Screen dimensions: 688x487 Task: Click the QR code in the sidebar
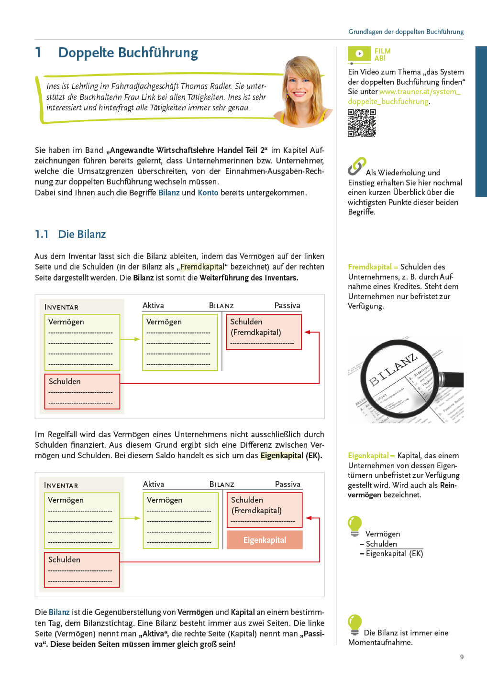pyautogui.click(x=362, y=123)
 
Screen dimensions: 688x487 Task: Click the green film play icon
pyautogui.click(x=359, y=54)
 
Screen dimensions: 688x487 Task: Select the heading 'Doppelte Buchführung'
pyautogui.click(x=128, y=53)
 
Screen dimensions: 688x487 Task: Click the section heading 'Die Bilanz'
pyautogui.click(x=82, y=234)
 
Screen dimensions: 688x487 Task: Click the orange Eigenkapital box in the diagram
pyautogui.click(x=265, y=540)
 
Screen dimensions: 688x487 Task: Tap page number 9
pyautogui.click(x=462, y=657)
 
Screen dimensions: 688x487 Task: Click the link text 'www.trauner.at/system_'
pyautogui.click(x=420, y=91)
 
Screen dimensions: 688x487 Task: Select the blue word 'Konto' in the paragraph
pyautogui.click(x=208, y=193)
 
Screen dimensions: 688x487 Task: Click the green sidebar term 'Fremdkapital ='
pyautogui.click(x=373, y=267)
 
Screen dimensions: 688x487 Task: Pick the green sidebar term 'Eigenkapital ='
pyautogui.click(x=371, y=455)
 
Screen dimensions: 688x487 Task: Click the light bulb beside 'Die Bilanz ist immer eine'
pyautogui.click(x=354, y=623)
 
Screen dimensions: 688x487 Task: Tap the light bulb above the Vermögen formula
pyautogui.click(x=354, y=525)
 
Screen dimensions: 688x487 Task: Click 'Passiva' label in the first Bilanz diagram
pyautogui.click(x=287, y=305)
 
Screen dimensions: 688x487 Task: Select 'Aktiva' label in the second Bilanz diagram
pyautogui.click(x=153, y=484)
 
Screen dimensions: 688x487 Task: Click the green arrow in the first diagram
pyautogui.click(x=130, y=339)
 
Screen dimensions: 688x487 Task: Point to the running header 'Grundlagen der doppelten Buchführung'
pyautogui.click(x=406, y=32)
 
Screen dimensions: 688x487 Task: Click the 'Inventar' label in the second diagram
pyautogui.click(x=61, y=485)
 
